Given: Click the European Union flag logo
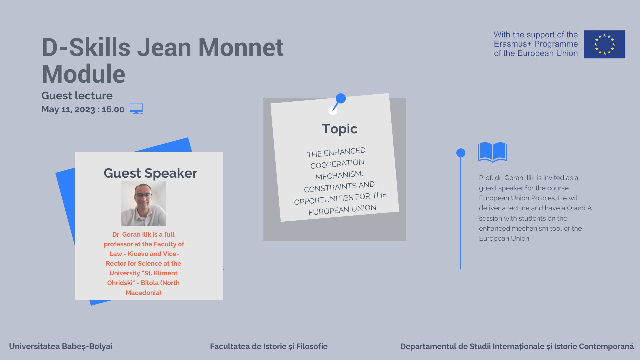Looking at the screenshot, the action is [604, 44].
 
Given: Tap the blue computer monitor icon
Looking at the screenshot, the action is [136, 108].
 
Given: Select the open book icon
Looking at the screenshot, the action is [493, 152].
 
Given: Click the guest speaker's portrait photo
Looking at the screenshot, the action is [143, 203].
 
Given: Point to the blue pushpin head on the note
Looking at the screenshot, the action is [341, 98].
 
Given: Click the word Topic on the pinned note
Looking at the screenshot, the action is [340, 129].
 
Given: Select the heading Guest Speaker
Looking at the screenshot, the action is [150, 173].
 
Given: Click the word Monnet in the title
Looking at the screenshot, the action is [241, 47].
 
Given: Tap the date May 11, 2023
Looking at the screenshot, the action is [68, 109].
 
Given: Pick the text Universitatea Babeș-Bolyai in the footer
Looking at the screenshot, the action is [61, 346].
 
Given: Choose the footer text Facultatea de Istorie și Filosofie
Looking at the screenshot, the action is [269, 346].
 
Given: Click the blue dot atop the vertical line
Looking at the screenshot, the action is [461, 153].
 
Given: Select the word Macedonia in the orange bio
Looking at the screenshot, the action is [143, 293].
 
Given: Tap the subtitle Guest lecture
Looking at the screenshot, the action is [77, 96].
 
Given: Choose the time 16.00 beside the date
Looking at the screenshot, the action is [113, 109].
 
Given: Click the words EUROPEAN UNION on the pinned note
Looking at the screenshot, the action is [342, 210].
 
